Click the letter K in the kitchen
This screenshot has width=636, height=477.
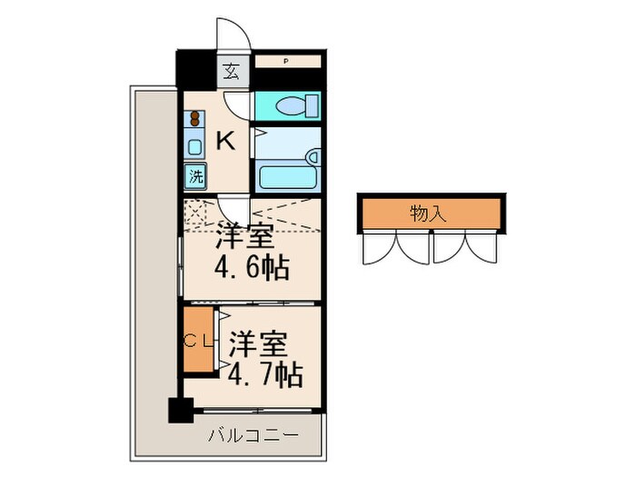click(226, 141)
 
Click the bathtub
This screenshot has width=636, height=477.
click(288, 174)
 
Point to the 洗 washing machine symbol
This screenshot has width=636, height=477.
click(196, 174)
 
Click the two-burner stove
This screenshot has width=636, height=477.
click(195, 119)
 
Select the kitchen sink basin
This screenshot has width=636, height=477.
click(195, 145)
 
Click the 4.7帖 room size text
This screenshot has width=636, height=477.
click(265, 373)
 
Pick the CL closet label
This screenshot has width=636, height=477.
click(199, 342)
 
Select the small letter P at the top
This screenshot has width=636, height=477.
click(285, 62)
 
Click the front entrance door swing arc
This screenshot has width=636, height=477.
click(234, 35)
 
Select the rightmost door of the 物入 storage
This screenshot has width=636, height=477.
click(479, 247)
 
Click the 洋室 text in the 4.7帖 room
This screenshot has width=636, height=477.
click(258, 344)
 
